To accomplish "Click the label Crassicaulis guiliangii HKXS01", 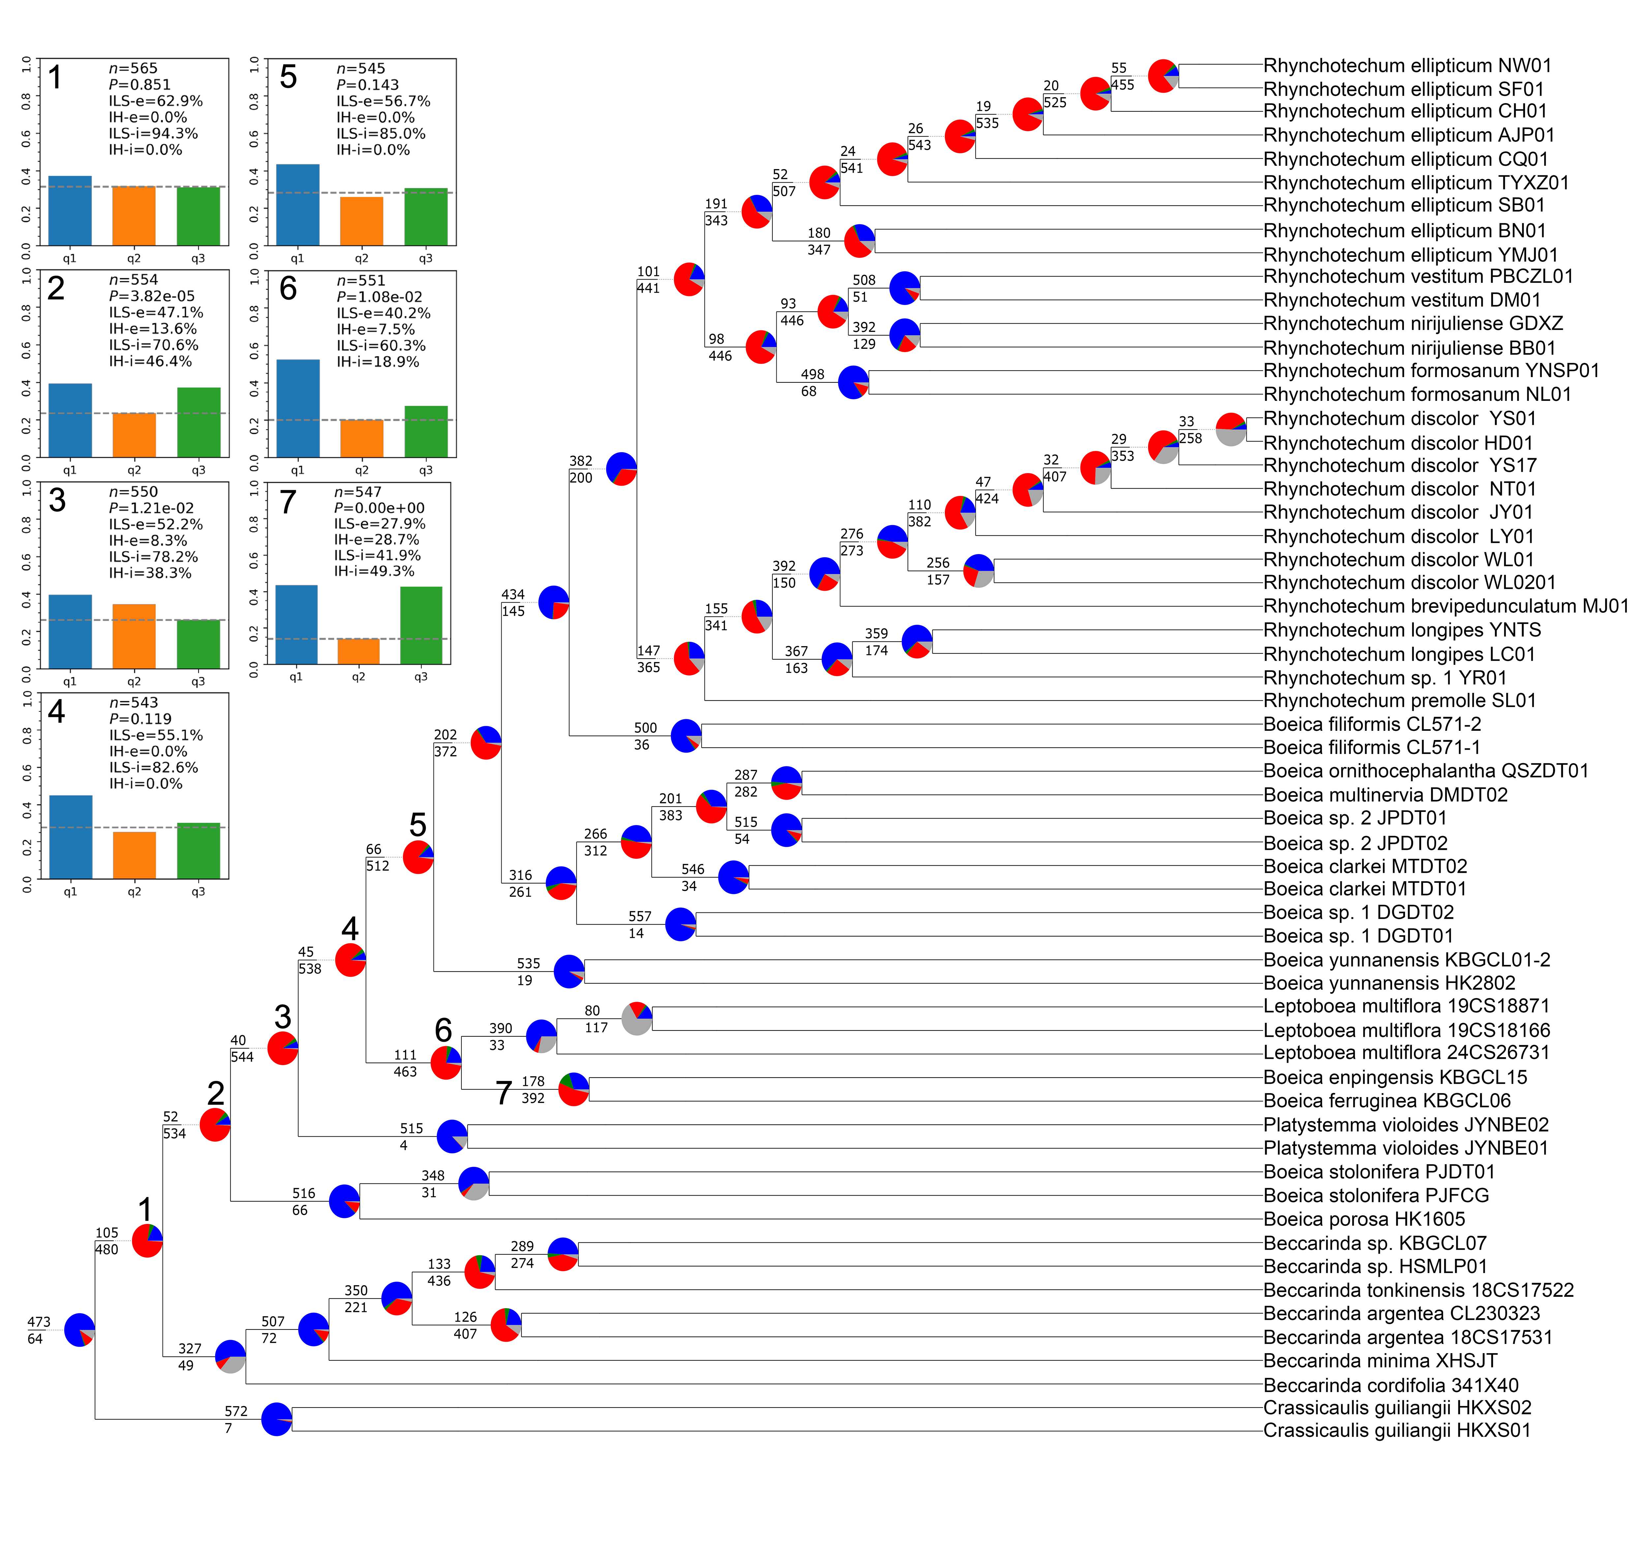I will pyautogui.click(x=1396, y=1430).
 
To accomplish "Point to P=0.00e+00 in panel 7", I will pyautogui.click(x=379, y=508).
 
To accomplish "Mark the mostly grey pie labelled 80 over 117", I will pyautogui.click(x=637, y=1018).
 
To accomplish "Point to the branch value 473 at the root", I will pyautogui.click(x=39, y=1322).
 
